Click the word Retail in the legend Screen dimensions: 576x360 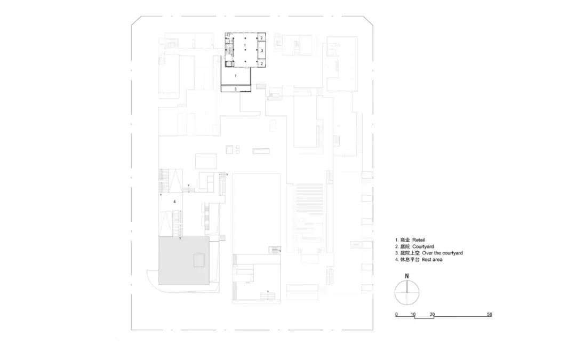click(419, 240)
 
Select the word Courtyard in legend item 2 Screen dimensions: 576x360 click(423, 246)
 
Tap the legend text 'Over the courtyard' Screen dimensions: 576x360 click(442, 253)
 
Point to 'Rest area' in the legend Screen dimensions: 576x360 click(432, 259)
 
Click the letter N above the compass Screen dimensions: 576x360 click(406, 276)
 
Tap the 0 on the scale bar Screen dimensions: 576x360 click(396, 315)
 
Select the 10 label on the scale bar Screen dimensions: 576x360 click(413, 315)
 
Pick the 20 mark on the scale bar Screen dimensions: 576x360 click(433, 315)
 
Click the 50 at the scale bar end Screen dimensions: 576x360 click(489, 315)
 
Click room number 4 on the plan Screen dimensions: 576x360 click(174, 202)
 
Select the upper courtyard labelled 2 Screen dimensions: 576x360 click(261, 38)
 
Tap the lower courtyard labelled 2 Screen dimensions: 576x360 click(261, 63)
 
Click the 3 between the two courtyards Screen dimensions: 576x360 click(262, 51)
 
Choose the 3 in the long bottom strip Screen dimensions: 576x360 click(236, 89)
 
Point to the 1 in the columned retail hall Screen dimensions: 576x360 click(245, 45)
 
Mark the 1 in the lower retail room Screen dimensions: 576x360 click(236, 76)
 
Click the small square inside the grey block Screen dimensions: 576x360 click(199, 260)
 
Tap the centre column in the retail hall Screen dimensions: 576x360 click(245, 50)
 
